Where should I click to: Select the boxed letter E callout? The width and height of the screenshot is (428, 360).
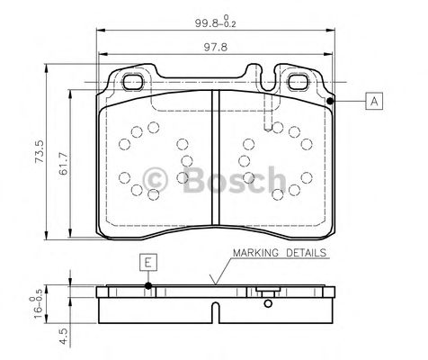pyautogui.click(x=148, y=262)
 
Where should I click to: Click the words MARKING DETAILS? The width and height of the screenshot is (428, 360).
pyautogui.click(x=280, y=254)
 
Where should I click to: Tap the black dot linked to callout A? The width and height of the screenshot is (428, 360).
pyautogui.click(x=331, y=101)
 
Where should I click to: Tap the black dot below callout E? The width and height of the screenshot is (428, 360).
pyautogui.click(x=148, y=288)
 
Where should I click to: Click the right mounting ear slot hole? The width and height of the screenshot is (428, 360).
pyautogui.click(x=299, y=81)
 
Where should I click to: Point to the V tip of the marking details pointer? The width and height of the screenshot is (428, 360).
pyautogui.click(x=214, y=286)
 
